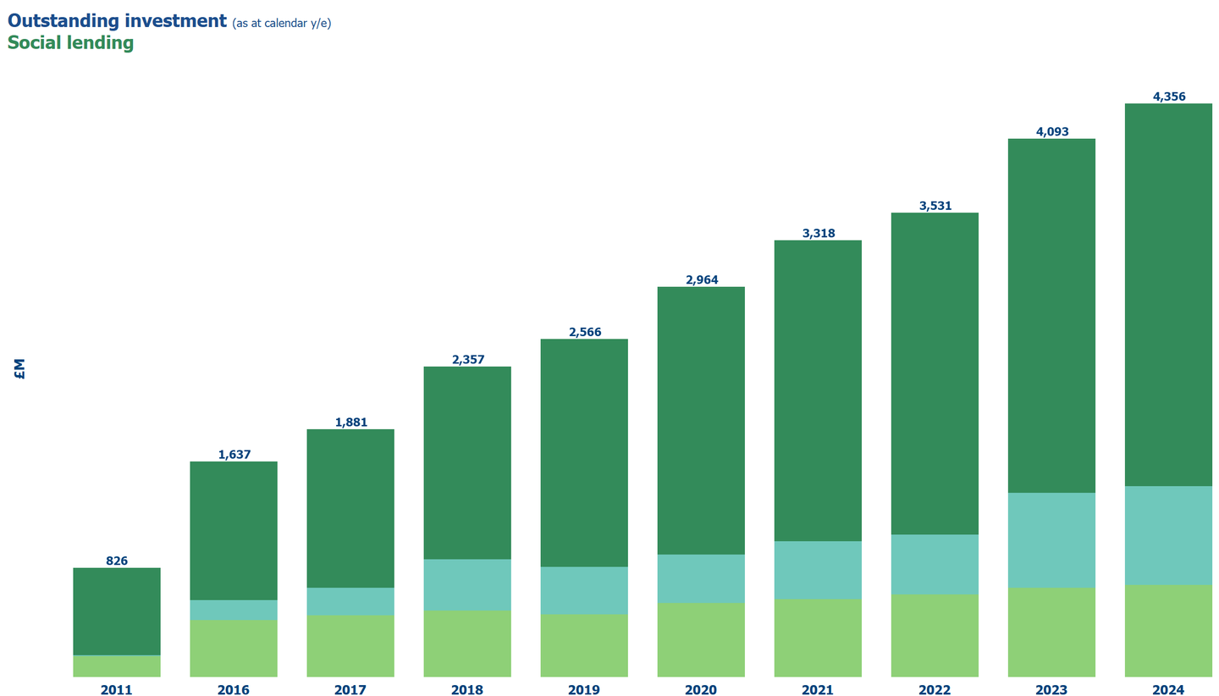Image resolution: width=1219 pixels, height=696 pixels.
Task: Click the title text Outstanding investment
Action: point(117,21)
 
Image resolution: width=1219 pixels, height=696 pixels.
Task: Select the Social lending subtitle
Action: point(70,43)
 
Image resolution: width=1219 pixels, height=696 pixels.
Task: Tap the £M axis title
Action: point(19,368)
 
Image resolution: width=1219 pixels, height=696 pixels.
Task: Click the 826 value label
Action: point(117,561)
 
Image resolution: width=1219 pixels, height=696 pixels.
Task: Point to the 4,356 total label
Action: point(1168,97)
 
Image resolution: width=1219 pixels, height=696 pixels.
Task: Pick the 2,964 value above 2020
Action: point(701,279)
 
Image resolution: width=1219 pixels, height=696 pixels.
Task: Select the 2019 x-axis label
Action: point(584,690)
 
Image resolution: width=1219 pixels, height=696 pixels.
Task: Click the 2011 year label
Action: point(117,690)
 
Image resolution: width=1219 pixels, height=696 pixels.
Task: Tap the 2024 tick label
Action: point(1168,690)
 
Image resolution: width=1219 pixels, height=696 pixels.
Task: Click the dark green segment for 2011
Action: point(117,611)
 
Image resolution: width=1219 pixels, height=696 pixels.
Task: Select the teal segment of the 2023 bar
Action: point(1051,539)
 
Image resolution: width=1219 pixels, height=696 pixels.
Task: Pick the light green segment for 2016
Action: point(234,648)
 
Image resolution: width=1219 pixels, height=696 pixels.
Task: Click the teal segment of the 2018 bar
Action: point(467,584)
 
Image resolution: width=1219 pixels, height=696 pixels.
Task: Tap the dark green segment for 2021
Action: point(818,390)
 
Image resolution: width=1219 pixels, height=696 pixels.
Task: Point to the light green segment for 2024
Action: point(1168,631)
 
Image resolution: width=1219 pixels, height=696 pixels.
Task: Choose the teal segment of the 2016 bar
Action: point(234,610)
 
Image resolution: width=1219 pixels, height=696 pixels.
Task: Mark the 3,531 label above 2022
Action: point(935,206)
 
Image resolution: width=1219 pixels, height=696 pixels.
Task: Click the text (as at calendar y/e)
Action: point(281,24)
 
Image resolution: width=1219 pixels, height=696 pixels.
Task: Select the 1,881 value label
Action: point(350,423)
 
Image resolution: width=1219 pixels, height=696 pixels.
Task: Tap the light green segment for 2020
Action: point(701,639)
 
